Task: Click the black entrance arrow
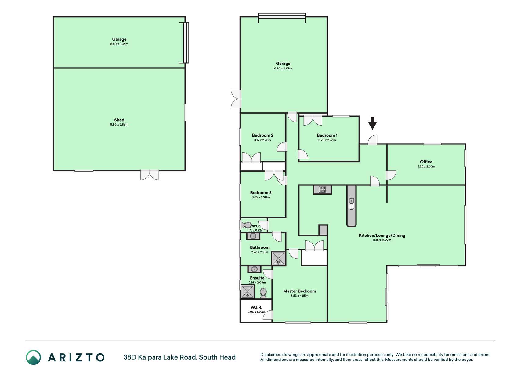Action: click(x=372, y=123)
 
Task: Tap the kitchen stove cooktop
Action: click(x=322, y=190)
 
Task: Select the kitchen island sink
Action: click(x=351, y=203)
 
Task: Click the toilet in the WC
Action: click(x=247, y=225)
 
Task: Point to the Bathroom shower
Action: click(x=278, y=258)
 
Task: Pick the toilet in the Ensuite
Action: click(x=263, y=293)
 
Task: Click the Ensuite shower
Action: click(x=248, y=292)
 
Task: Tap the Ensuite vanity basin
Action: click(x=254, y=269)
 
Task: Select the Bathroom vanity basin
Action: click(x=253, y=236)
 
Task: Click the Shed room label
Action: click(x=119, y=120)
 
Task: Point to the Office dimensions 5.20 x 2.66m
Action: click(x=426, y=166)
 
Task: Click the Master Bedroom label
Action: click(x=299, y=291)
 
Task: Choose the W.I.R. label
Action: click(x=256, y=307)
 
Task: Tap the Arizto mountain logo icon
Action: click(x=33, y=357)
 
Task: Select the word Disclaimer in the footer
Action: click(x=270, y=355)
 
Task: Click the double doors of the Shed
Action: click(x=150, y=174)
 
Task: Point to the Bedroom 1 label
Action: click(x=327, y=135)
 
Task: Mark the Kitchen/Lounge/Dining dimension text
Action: click(x=382, y=240)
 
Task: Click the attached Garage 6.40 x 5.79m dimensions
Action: click(x=283, y=68)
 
